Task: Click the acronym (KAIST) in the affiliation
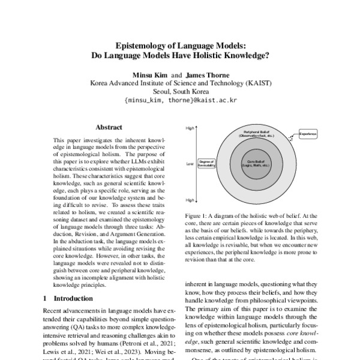click(x=253, y=83)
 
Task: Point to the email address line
click(x=180, y=101)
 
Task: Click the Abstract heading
click(x=109, y=127)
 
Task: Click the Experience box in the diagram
click(x=308, y=133)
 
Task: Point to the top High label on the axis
click(x=190, y=128)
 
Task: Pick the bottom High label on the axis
click(x=190, y=200)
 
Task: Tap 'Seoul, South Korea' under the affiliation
click(x=180, y=92)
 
